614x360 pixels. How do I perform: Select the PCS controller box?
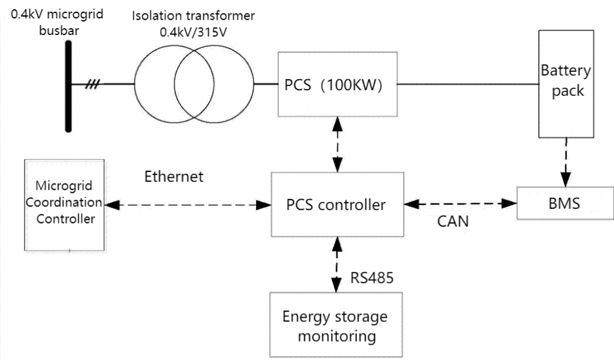336,204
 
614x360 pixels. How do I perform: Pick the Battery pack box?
565,82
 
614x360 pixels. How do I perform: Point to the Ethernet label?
174,177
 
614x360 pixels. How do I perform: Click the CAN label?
453,221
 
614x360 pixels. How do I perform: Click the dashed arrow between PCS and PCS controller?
336,145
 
